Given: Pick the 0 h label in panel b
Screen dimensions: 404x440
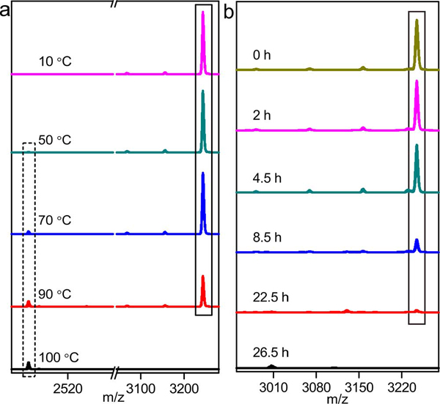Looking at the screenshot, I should [x=261, y=54].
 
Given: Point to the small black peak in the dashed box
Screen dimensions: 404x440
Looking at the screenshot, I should [x=29, y=364].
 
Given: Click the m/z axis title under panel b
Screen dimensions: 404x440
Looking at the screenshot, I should [x=337, y=397].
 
